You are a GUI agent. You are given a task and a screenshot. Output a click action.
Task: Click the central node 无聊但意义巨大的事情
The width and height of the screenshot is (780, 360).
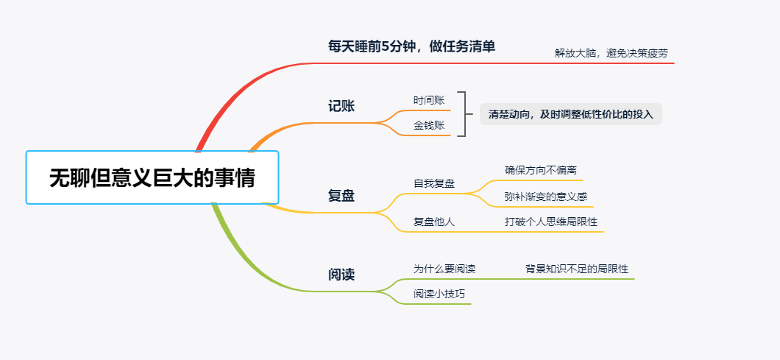pos(152,177)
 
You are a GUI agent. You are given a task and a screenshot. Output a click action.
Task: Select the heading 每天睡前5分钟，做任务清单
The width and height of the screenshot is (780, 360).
pos(411,46)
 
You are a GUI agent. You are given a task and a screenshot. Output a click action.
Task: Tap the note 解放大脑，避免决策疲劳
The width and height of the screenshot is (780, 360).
pos(611,53)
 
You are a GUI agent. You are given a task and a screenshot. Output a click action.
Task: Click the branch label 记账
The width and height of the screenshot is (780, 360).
pos(341,106)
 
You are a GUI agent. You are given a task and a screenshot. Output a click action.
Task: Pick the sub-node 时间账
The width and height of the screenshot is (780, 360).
pos(429,100)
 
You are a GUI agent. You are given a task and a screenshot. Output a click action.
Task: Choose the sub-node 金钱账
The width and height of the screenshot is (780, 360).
pos(429,125)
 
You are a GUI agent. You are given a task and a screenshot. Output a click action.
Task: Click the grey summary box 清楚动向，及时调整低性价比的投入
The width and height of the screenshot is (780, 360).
pos(570,114)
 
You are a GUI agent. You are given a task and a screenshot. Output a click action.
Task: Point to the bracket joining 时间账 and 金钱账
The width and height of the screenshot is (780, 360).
pos(464,114)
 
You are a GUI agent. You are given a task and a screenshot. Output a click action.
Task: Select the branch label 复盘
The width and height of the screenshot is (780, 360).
pos(341,196)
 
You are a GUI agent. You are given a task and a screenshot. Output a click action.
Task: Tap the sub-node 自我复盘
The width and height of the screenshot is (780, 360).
pos(434,183)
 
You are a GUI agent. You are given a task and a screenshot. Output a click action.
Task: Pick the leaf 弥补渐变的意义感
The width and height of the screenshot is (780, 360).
pos(545,197)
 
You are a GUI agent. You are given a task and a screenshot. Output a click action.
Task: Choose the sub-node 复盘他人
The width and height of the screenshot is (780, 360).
pos(434,222)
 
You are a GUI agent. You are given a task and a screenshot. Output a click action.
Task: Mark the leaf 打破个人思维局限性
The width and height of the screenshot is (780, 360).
pos(551,222)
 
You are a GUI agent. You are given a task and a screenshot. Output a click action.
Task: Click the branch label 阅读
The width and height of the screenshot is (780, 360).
pos(341,275)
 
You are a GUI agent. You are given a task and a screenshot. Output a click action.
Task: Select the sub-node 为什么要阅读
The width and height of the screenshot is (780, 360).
pos(444,269)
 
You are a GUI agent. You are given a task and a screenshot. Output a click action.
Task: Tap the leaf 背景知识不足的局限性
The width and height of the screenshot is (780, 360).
pos(576,269)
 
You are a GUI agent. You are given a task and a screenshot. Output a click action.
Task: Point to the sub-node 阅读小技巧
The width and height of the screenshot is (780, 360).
pos(439,294)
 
